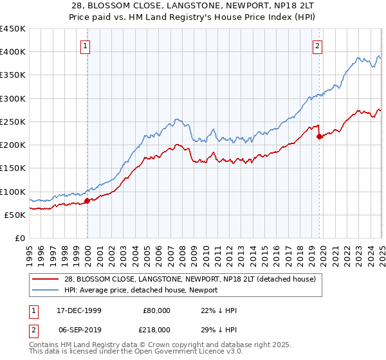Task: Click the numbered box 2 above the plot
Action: (x=318, y=46)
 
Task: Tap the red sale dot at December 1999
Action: (x=87, y=201)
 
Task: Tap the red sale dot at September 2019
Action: (x=319, y=136)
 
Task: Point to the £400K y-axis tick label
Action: (x=12, y=52)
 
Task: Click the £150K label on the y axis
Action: (x=12, y=168)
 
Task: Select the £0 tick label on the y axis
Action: (x=19, y=238)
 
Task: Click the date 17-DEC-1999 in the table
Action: (x=79, y=310)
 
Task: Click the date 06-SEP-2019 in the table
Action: (x=79, y=329)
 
